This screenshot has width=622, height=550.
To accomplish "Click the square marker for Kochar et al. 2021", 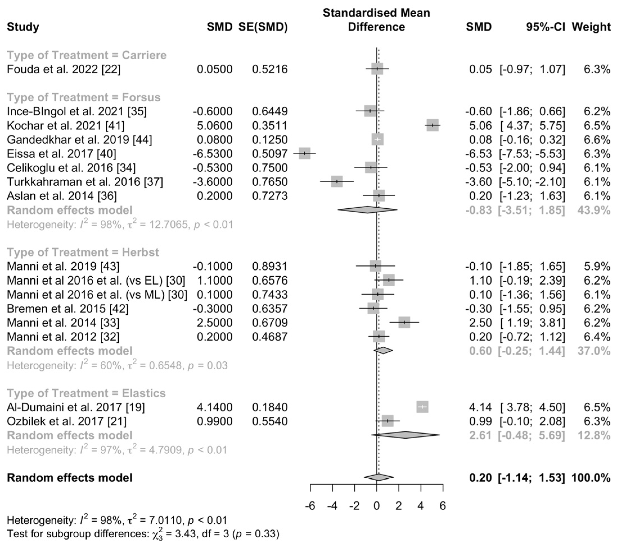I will pos(432,125).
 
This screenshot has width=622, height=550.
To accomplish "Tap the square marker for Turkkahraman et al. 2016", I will pos(337,181).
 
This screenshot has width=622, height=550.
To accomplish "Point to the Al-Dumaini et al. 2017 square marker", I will pos(422,407).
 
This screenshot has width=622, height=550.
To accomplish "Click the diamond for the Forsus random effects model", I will pos(367,210).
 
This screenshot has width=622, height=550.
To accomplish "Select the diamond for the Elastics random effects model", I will pos(405,435).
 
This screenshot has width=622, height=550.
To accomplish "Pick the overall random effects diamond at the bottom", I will pos(378,477).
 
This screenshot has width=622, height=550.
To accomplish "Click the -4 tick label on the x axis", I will pos(332,506).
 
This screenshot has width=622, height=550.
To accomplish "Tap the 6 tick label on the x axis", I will pos(443,506).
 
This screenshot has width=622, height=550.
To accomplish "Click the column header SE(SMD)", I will pos(263,27).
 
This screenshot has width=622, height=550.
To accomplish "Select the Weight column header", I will pos(591,27).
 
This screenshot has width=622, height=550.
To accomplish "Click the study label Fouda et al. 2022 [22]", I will pos(64,69).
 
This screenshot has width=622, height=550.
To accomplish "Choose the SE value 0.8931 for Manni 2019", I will pos(270,266).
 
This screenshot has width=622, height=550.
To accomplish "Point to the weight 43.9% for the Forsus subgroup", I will pos(594,210).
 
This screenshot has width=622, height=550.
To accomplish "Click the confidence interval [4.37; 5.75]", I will pos(532,125).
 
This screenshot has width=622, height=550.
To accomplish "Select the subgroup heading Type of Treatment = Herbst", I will pos(83,252).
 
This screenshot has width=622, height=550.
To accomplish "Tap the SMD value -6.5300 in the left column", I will pos(212,154).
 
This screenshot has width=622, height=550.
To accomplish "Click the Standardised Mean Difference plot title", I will pos(377,20).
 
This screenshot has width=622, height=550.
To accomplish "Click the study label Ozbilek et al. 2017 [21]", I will pos(66,421).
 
